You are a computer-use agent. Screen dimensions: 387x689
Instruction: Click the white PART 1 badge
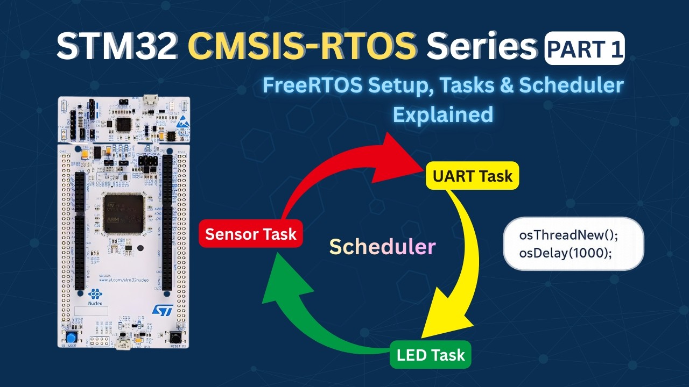[x=585, y=49]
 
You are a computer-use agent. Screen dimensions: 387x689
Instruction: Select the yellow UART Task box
[x=472, y=176]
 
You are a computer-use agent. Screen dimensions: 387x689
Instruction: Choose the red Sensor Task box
[x=251, y=234]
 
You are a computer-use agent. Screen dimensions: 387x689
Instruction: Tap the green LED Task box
[x=430, y=355]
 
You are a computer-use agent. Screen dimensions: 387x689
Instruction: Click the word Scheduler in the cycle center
[x=382, y=246]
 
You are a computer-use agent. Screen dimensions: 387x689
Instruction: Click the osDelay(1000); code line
[x=566, y=252]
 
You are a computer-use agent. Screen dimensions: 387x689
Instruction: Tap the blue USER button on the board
[x=71, y=337]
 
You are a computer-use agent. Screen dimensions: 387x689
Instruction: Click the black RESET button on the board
[x=175, y=337]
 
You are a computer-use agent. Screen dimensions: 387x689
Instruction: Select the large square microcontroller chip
[x=124, y=213]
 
